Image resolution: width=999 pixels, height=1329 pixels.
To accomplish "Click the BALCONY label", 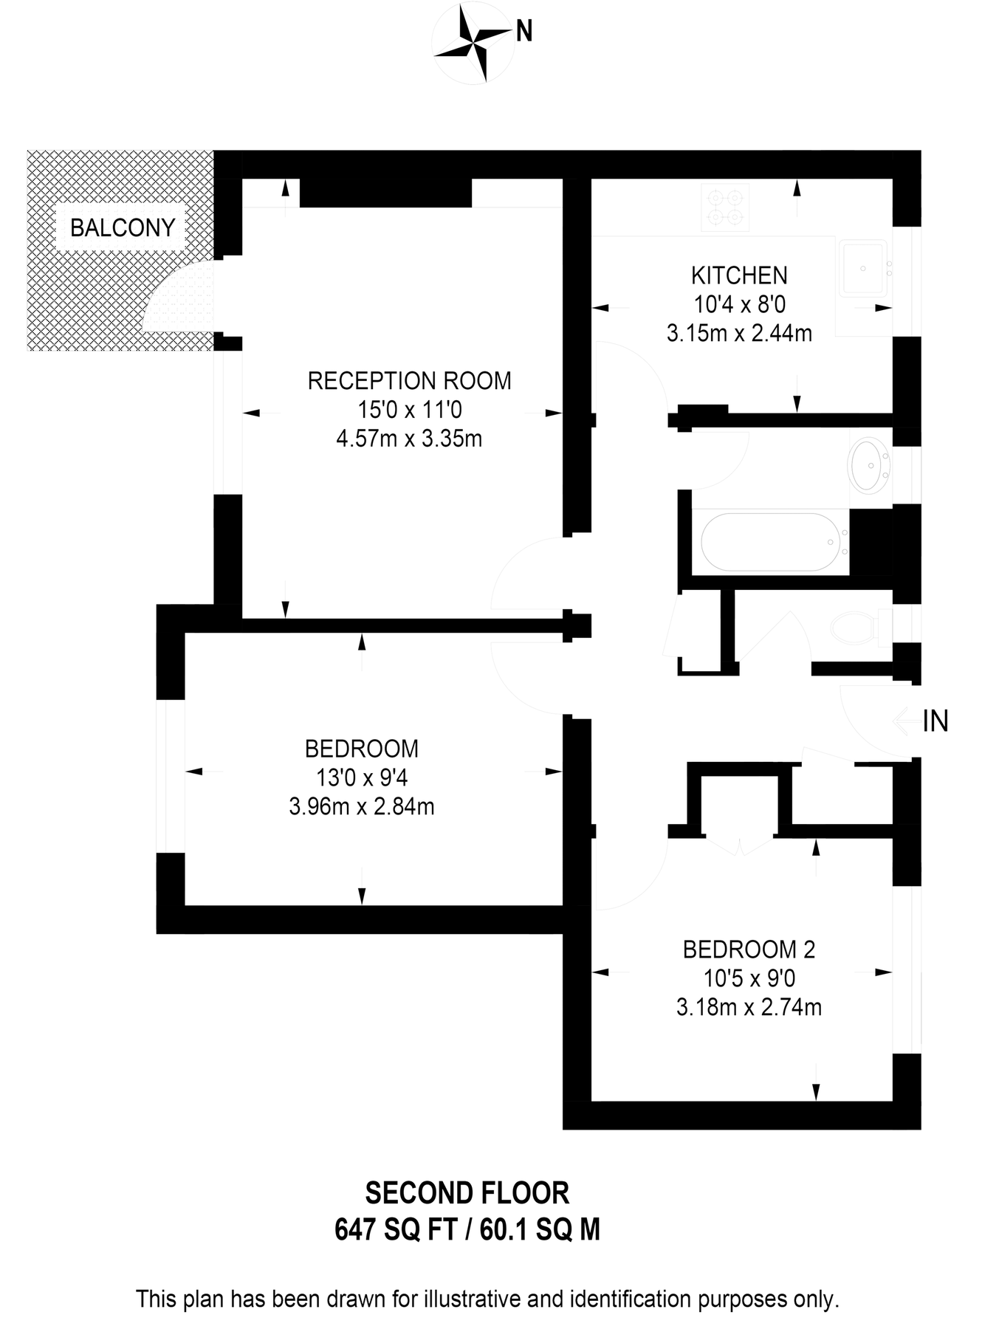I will pos(123,227).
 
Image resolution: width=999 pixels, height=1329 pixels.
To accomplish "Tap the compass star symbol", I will pos(472,44).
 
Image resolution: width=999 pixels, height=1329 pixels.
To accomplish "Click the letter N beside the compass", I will pos(524,32).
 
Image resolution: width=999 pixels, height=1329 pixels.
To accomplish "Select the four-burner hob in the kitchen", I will pos(725,207).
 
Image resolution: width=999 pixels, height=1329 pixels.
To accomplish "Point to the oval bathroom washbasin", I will pos(871,465).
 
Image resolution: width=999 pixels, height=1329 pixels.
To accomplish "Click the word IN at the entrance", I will pos(936,721).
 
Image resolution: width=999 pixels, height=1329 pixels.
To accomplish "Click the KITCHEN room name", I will pos(739,275).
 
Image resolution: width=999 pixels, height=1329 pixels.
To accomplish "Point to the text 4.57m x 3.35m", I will pos(409,439).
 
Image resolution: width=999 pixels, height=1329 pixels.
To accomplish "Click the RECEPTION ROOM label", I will pos(409,381).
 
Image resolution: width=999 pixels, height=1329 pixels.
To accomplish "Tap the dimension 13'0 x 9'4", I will pos(362,777).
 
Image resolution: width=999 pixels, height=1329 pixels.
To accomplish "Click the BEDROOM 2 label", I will pos(749,949).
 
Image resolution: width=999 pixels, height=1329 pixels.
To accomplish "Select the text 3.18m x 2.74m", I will pos(749,1007).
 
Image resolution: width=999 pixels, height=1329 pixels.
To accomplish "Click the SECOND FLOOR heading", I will pos(467,1193).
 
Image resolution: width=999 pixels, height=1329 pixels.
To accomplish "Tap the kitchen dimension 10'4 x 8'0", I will pos(739,304).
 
